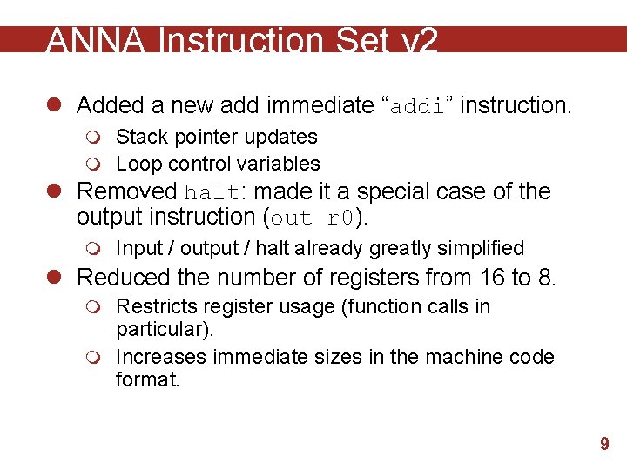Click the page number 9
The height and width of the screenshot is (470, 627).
[604, 445]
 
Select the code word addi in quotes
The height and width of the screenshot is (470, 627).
[418, 106]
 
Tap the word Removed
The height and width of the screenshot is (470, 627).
[127, 191]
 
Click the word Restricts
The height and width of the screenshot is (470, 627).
[154, 306]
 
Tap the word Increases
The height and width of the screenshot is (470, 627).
[161, 357]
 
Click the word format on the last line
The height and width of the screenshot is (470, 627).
[145, 380]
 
